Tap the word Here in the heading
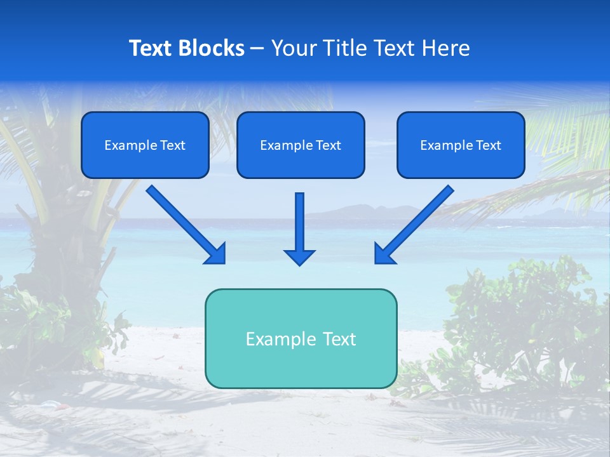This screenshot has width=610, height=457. (447, 48)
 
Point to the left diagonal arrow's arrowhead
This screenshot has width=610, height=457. (217, 255)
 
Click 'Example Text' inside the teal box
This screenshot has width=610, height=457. (301, 339)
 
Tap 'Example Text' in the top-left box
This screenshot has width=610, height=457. (145, 145)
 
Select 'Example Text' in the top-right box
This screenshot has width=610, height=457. (461, 145)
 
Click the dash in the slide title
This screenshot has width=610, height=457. (257, 49)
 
